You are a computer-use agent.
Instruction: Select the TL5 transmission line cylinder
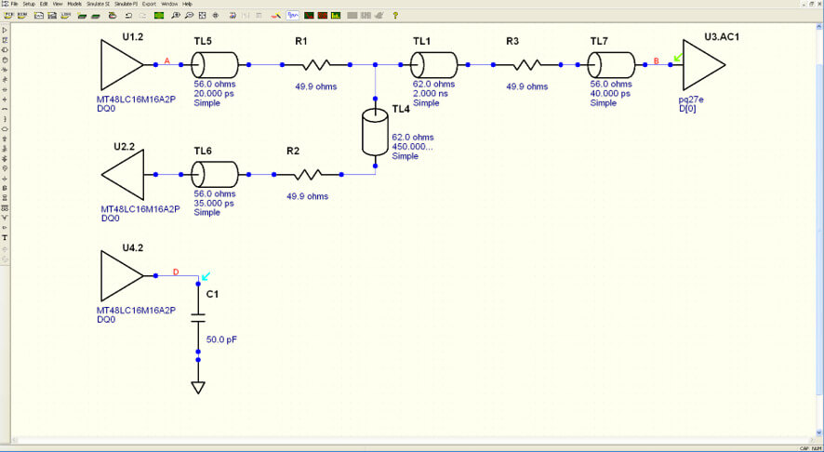pos(214,65)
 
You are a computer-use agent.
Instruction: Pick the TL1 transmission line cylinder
pos(434,65)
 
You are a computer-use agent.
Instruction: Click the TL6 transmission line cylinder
pos(214,174)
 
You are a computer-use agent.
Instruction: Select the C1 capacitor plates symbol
pos(197,317)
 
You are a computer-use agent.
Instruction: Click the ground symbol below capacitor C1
pos(197,387)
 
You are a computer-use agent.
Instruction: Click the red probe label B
pos(657,61)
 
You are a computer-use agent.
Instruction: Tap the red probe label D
pos(176,273)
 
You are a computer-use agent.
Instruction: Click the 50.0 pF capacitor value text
pos(221,340)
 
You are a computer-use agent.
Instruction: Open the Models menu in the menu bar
pos(74,4)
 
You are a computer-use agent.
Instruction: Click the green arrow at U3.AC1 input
pos(678,57)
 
